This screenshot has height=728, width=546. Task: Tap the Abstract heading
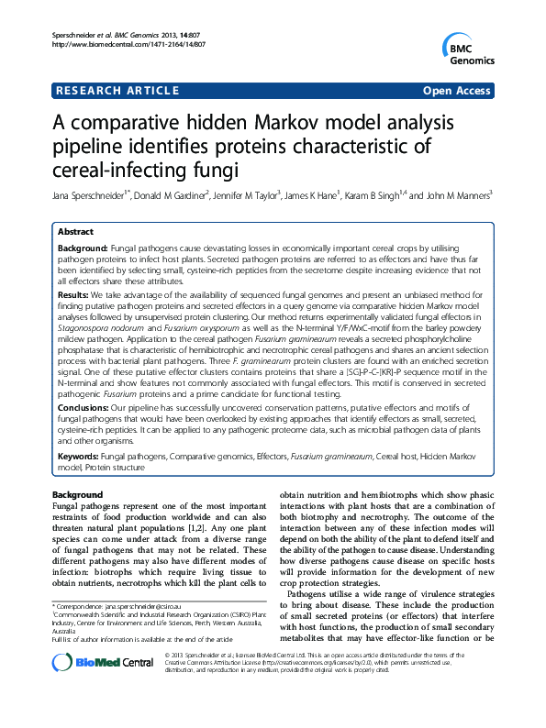tap(75, 233)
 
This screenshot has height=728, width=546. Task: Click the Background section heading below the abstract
tap(80, 495)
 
